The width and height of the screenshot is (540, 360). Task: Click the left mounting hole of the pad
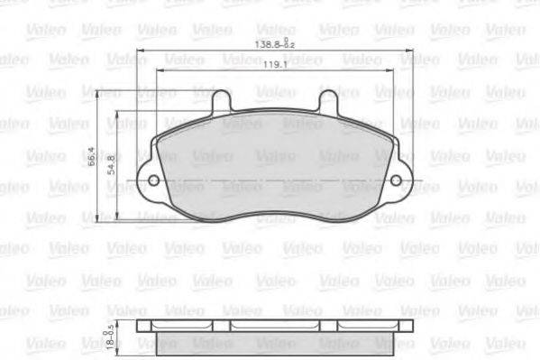coord(153,180)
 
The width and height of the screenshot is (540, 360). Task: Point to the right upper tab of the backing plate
coord(328,100)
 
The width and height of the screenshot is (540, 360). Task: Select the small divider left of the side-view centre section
coord(230,327)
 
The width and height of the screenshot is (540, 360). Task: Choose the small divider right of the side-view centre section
coord(340,327)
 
